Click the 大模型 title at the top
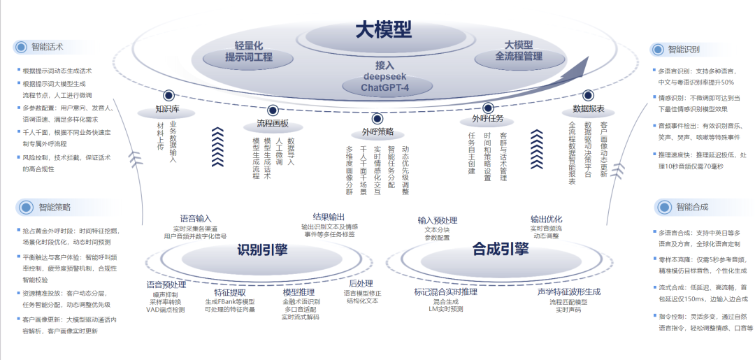[383, 29]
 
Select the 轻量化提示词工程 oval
[248, 51]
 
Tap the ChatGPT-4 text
[384, 87]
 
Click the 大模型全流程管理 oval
[519, 50]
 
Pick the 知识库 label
[168, 110]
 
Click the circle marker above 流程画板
[273, 109]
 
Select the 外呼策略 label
[377, 131]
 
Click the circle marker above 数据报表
[588, 94]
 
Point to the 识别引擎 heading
[262, 249]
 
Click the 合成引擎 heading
[501, 248]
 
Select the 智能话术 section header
[47, 48]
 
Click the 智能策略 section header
[55, 207]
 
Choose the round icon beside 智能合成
[664, 207]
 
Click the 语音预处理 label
[166, 285]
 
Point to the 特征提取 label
[230, 293]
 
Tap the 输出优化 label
[546, 219]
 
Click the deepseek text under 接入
[384, 75]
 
